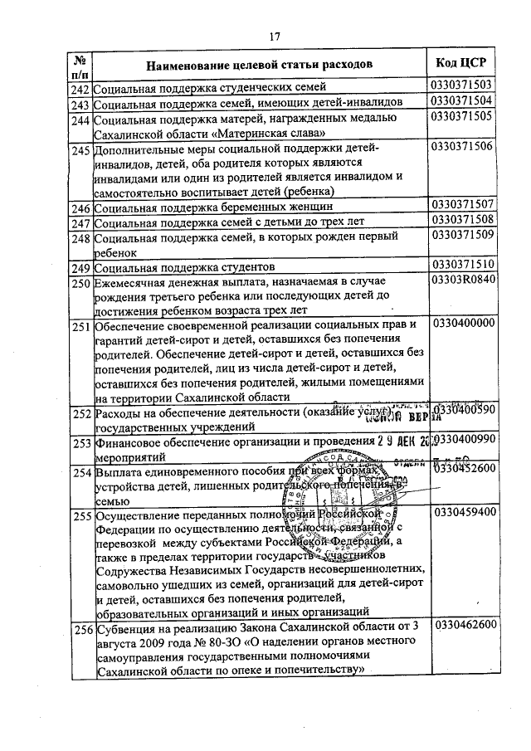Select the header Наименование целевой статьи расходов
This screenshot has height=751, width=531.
(x=260, y=64)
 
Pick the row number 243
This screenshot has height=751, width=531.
(x=80, y=104)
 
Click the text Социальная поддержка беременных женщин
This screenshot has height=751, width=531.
(x=214, y=207)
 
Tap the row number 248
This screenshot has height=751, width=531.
(x=80, y=238)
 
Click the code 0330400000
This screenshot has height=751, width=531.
(x=464, y=324)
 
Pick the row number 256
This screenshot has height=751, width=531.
(x=80, y=629)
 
